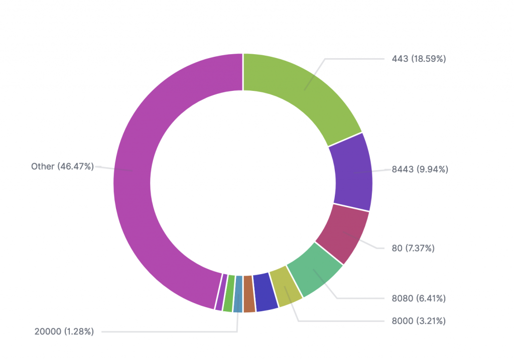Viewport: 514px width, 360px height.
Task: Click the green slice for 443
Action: (301, 95)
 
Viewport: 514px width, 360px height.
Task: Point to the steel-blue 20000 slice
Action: (238, 294)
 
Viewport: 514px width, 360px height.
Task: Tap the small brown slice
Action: (249, 294)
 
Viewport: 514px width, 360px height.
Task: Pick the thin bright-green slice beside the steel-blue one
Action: (228, 294)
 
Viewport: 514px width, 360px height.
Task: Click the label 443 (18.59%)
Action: (419, 59)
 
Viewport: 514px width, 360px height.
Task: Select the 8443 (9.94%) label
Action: (420, 169)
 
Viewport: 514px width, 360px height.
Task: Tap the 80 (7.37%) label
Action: (413, 248)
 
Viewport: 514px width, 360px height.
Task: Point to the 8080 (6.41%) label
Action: (419, 299)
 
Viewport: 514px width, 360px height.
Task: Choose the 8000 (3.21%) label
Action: (419, 320)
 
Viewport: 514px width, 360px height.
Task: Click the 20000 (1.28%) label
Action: (64, 331)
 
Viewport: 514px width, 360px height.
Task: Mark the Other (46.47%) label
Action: (62, 166)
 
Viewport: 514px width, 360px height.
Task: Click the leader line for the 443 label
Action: (351, 59)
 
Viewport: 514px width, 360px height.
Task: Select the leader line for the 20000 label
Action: (166, 331)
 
